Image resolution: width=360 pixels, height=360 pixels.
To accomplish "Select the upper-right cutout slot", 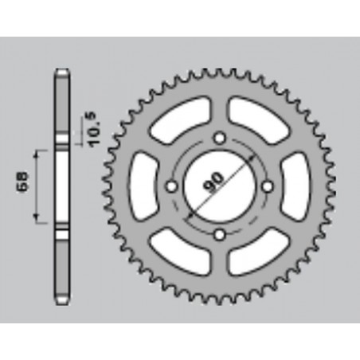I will click(x=254, y=116).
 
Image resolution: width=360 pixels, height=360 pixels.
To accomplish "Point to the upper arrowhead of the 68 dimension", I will click(x=37, y=151).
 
